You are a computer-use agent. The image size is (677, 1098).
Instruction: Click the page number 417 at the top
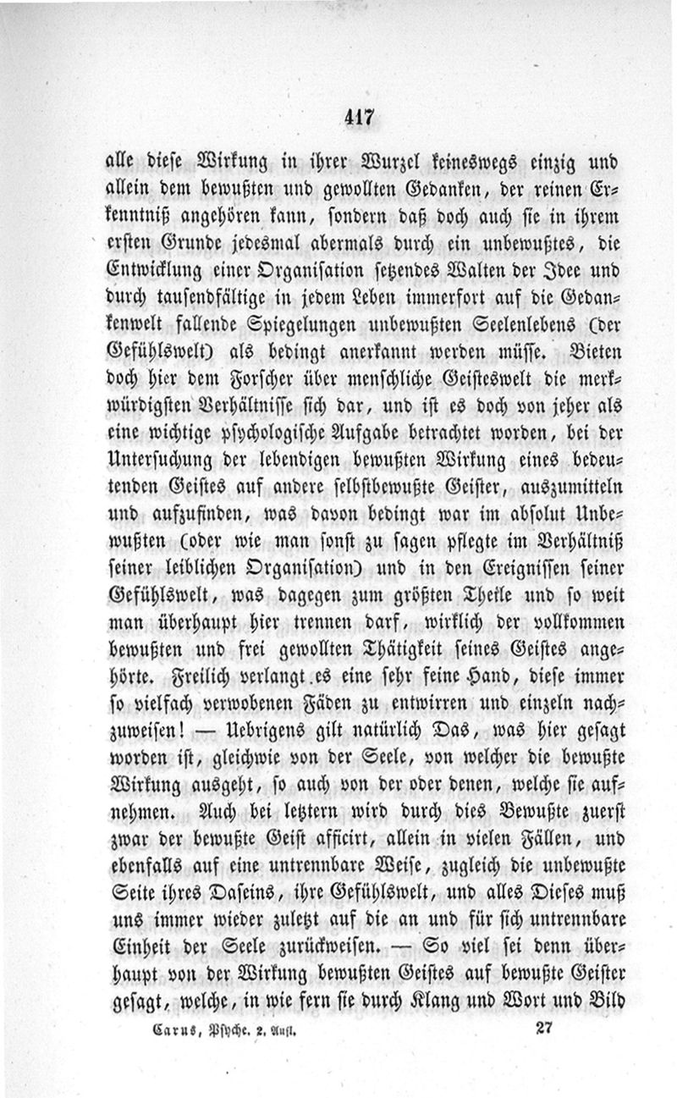click(x=359, y=118)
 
